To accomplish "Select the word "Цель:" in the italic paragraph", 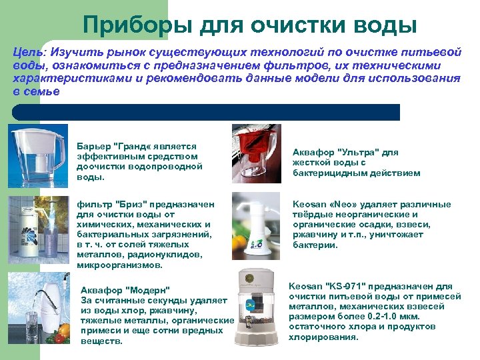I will coord(29,51).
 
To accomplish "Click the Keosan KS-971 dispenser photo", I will coord(259,307).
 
